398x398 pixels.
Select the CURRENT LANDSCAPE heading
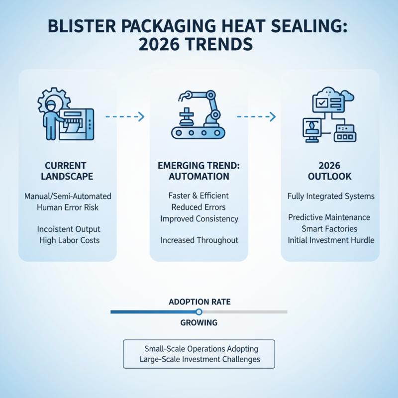(x=68, y=171)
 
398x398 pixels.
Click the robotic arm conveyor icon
(x=199, y=115)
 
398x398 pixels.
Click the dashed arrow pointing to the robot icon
(x=125, y=117)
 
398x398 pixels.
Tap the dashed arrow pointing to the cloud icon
(x=256, y=117)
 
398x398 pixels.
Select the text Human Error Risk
(x=68, y=207)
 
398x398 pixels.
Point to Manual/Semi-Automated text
(x=68, y=196)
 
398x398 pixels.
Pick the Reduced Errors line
(x=199, y=207)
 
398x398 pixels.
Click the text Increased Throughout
(x=199, y=240)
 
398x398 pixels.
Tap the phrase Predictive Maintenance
(x=329, y=217)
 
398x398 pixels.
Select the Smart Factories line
(x=329, y=229)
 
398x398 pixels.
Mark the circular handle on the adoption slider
(x=199, y=312)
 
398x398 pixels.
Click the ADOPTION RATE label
(x=199, y=301)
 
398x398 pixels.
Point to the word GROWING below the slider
(x=199, y=322)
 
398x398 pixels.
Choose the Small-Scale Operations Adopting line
(x=199, y=349)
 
